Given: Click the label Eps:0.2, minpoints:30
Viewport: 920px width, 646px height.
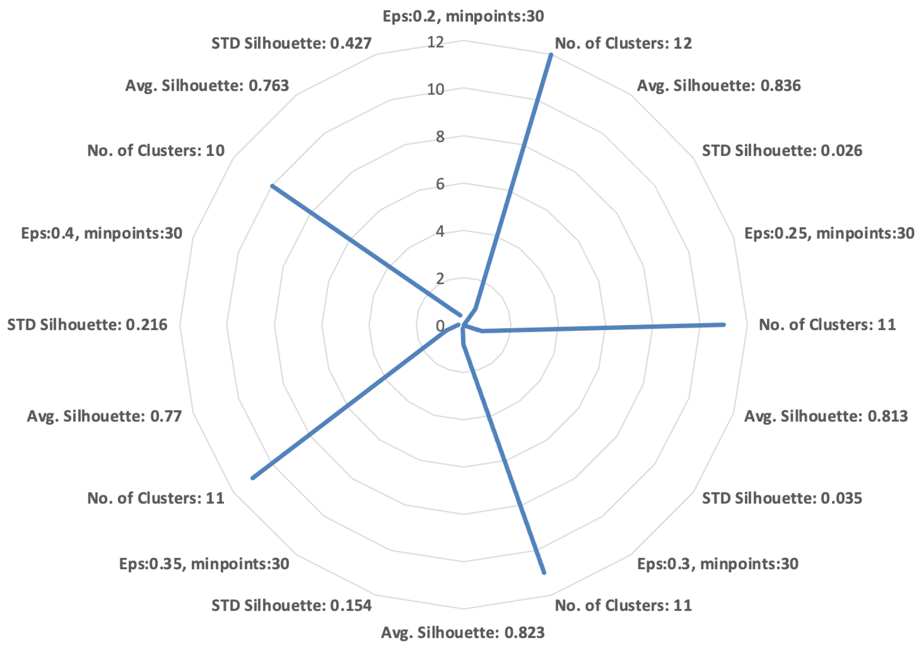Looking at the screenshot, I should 463,16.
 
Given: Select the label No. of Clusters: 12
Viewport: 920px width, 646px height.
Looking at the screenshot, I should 623,43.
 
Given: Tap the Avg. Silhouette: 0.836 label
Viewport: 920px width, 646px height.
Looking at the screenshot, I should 719,86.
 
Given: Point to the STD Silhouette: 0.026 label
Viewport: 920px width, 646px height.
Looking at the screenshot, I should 782,151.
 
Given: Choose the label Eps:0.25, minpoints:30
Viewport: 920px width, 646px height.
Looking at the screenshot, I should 829,233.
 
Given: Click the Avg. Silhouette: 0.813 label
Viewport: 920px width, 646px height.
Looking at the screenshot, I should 826,416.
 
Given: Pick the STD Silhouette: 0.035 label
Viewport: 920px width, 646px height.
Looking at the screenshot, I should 782,498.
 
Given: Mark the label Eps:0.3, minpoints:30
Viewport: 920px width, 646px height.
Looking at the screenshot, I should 718,564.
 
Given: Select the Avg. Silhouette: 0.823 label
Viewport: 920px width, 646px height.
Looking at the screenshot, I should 463,632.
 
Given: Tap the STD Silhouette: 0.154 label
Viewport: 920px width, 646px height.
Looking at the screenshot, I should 291,605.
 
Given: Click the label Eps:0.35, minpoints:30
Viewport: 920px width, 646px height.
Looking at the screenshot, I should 204,564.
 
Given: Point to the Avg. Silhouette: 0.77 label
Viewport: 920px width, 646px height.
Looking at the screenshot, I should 104,416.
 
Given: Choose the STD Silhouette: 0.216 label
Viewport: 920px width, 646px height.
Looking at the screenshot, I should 87,325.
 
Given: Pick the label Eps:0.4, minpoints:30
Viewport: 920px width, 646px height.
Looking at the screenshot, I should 102,233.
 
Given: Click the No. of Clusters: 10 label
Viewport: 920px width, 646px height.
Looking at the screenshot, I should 156,151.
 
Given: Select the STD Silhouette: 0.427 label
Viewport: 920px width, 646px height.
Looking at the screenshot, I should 291,43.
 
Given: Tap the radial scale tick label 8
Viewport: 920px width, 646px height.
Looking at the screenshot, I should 440,137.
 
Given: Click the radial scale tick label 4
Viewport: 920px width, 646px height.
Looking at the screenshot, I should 440,231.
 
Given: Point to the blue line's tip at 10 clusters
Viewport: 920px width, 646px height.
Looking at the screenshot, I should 272,186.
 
